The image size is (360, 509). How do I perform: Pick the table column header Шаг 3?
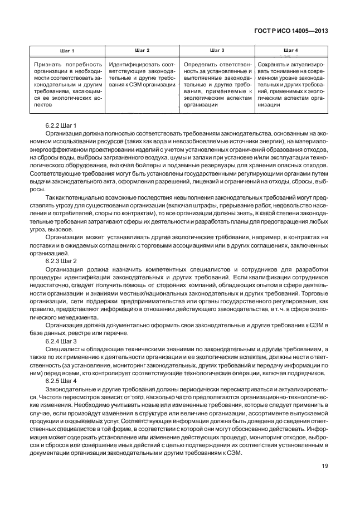(x=216, y=51)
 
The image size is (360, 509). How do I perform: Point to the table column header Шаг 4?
(x=290, y=51)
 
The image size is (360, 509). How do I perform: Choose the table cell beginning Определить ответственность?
(x=216, y=85)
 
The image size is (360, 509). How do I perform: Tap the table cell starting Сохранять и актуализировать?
(x=290, y=85)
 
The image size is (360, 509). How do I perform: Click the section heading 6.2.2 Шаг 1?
(x=61, y=125)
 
